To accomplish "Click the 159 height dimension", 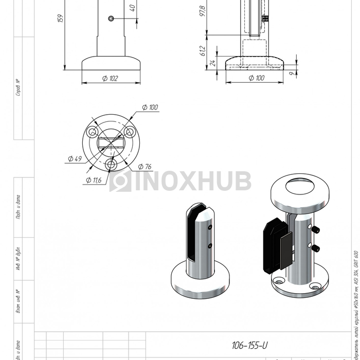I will pos(61,19).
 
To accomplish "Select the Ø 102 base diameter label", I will pos(111,78).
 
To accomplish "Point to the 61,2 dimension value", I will pos(203,50).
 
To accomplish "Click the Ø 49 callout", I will pos(75,159).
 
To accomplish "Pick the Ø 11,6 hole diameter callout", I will pos(94,180).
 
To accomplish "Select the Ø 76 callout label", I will pos(145,166).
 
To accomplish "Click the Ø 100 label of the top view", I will pos(150,107).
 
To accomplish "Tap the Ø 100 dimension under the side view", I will pos(257,78).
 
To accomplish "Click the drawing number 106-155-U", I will pos(249,346).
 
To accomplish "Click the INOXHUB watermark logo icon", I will pos(120,181).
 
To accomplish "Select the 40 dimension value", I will pos(132,8).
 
